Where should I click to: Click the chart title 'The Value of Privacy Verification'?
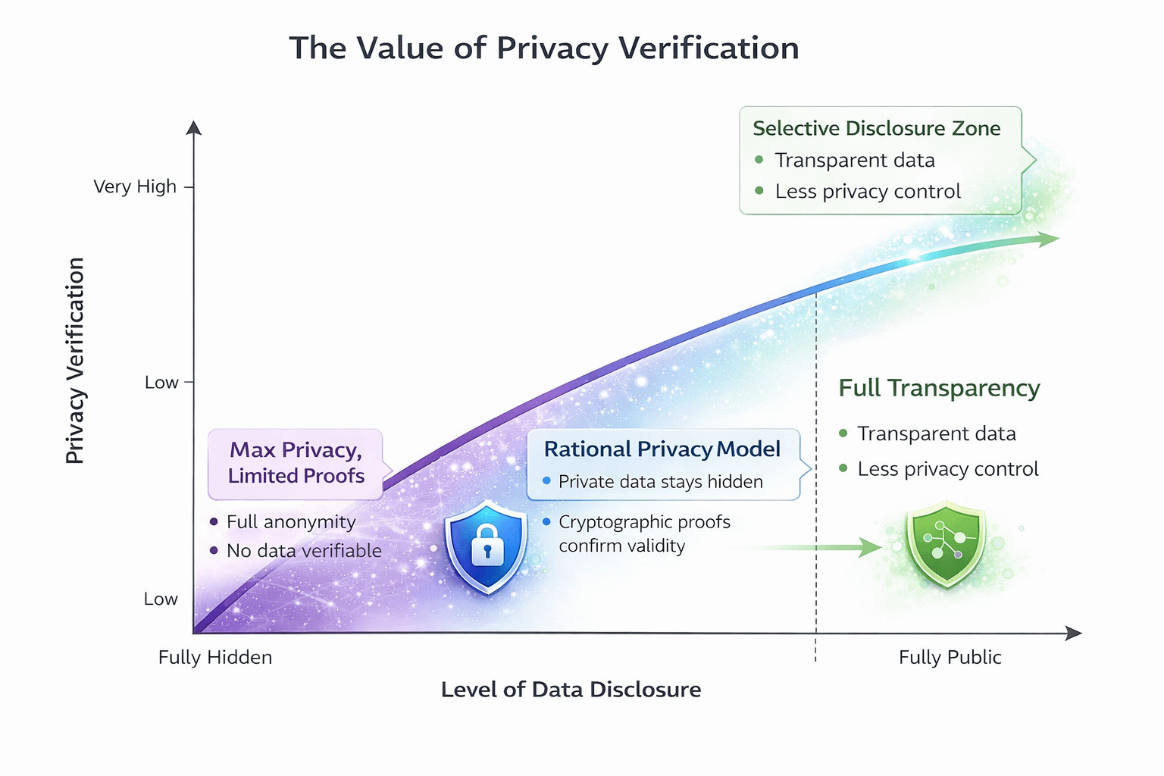tap(543, 48)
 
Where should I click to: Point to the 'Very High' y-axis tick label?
tap(135, 186)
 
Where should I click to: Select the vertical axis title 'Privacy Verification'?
tap(75, 361)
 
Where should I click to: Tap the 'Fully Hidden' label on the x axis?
tap(215, 657)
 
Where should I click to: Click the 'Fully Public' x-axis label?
tap(950, 657)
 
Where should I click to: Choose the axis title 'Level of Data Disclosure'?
tap(571, 690)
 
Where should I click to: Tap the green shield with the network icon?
tap(946, 543)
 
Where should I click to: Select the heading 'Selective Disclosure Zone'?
tap(876, 129)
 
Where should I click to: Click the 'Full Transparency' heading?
tap(939, 388)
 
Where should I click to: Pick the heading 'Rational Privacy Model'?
tap(662, 449)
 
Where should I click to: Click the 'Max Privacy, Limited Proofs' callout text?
tap(296, 463)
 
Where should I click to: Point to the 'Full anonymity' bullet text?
tap(291, 522)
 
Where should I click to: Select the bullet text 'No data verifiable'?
tap(304, 551)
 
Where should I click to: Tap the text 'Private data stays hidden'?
tap(660, 482)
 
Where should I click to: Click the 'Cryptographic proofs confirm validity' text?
tap(643, 533)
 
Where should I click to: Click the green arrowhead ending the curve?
tap(1048, 239)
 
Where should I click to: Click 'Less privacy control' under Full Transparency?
tap(947, 469)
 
